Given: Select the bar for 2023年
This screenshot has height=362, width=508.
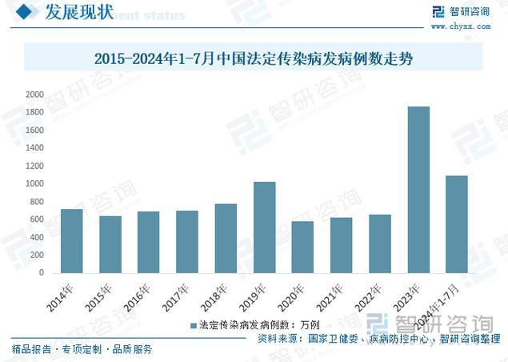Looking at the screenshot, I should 418,190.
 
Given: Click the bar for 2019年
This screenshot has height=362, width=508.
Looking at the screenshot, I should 264,227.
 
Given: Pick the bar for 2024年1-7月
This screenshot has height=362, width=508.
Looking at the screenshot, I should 457,224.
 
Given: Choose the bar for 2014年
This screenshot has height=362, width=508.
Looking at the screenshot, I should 71,240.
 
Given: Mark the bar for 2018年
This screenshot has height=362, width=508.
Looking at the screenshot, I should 226,238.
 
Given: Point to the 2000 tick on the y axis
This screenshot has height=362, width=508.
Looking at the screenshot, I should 34,95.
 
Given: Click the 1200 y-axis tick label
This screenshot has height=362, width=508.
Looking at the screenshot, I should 34,166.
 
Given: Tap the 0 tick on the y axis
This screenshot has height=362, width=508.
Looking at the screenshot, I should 41,273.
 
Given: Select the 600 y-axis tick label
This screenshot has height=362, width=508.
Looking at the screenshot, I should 36,219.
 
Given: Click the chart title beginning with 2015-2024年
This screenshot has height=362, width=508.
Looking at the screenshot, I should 254,58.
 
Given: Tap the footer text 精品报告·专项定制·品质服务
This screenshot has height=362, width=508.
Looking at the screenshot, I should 82,350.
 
